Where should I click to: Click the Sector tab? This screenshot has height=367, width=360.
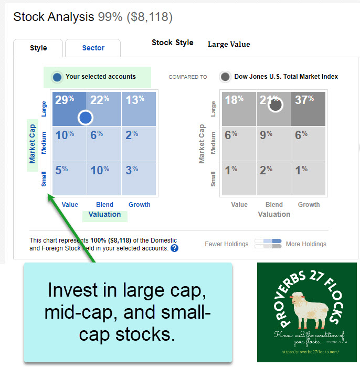[93, 48]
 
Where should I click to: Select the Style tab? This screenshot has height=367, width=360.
[38, 48]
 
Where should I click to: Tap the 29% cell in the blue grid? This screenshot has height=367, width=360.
[68, 109]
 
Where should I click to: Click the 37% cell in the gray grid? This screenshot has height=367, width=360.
[309, 109]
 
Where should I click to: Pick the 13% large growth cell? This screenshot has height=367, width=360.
[139, 109]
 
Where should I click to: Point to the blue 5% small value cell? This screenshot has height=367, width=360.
[68, 178]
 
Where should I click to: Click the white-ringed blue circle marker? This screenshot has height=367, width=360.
[86, 118]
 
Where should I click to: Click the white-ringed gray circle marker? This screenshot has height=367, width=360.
[275, 105]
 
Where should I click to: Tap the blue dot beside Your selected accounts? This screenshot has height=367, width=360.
[57, 77]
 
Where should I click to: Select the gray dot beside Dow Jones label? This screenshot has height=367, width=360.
[225, 77]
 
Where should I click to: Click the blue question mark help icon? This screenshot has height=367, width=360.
[174, 248]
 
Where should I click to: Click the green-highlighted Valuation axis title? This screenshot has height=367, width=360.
[104, 214]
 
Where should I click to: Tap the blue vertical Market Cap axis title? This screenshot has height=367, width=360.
[33, 143]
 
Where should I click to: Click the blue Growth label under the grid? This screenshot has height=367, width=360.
[139, 205]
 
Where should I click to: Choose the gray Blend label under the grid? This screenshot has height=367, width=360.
[274, 205]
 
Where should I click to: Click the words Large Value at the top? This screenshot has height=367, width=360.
[229, 44]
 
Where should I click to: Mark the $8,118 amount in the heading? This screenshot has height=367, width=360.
[150, 17]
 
